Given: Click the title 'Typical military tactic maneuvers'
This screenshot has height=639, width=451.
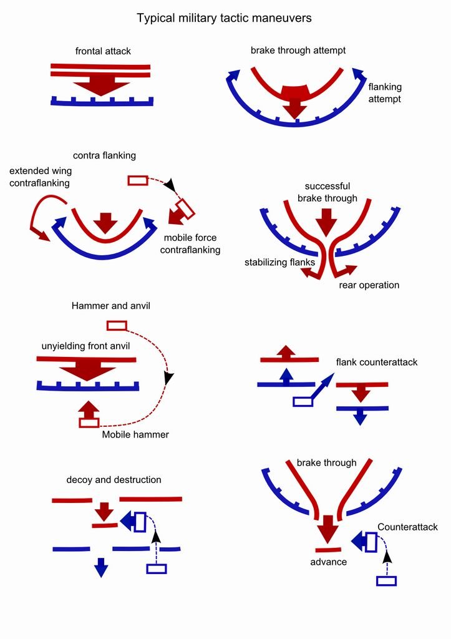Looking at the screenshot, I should click(x=225, y=18).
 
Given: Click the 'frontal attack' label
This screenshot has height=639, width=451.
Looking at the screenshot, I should click(x=102, y=51).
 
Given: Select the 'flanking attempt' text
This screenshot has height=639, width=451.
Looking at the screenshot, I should click(x=385, y=93).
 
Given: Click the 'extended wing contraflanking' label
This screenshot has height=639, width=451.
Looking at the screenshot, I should click(x=41, y=177).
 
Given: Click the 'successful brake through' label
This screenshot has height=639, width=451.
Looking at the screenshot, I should click(x=327, y=192).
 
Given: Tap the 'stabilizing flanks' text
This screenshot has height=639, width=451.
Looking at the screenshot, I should click(x=279, y=263).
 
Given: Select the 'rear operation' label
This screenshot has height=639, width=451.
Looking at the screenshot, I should click(x=369, y=285).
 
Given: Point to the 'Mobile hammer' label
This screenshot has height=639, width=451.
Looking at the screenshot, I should click(x=135, y=434).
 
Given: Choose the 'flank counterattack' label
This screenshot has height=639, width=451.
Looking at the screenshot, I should click(x=376, y=362).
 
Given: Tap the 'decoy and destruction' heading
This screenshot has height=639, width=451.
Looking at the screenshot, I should click(x=114, y=480).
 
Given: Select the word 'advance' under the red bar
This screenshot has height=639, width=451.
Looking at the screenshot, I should click(x=328, y=562).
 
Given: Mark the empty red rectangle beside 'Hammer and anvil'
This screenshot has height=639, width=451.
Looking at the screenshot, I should click(x=117, y=325).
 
